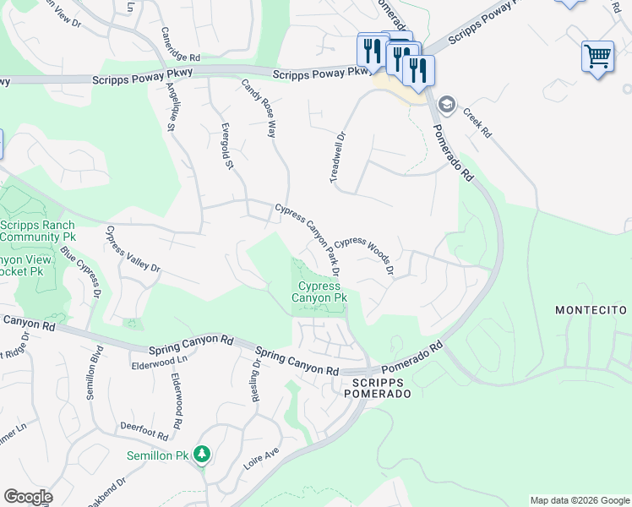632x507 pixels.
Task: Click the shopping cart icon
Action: coord(597,57)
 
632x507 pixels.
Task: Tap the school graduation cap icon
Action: coord(446,105)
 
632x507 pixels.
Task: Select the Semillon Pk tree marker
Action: coord(201,455)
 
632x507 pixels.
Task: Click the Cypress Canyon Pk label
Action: coord(319,292)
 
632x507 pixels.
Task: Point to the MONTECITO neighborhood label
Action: coord(591,311)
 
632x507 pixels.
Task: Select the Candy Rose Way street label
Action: coord(259,109)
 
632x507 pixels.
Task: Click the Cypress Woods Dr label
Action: coord(367,254)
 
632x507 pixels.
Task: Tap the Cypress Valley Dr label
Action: coord(133,248)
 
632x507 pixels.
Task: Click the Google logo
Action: coord(28,497)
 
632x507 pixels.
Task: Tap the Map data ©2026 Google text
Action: coord(579,500)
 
